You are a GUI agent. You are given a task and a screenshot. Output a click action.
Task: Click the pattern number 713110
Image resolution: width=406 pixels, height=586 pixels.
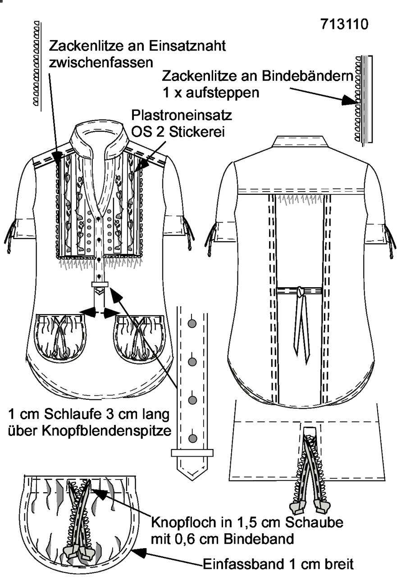344,24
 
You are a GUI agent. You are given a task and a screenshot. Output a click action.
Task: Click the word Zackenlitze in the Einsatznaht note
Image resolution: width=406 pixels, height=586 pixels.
87,46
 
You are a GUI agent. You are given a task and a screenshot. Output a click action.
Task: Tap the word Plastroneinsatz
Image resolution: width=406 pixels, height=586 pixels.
182,115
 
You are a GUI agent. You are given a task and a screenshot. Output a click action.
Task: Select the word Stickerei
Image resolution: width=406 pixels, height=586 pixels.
197,132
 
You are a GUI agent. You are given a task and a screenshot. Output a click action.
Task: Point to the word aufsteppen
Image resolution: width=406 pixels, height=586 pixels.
223,93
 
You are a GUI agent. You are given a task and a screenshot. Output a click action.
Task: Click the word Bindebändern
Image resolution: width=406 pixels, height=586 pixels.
308,76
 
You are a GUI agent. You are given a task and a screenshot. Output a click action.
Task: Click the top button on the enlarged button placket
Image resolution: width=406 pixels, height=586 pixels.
192,324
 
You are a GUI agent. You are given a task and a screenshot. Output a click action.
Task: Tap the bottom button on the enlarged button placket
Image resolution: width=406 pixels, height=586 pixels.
192,438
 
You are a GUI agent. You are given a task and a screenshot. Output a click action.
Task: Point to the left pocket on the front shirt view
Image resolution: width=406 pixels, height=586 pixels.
61,337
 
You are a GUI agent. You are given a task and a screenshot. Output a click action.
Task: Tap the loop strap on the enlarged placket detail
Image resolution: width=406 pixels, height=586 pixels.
192,453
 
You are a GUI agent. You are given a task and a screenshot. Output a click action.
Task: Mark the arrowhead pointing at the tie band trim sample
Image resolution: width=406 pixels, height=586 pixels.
349,100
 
